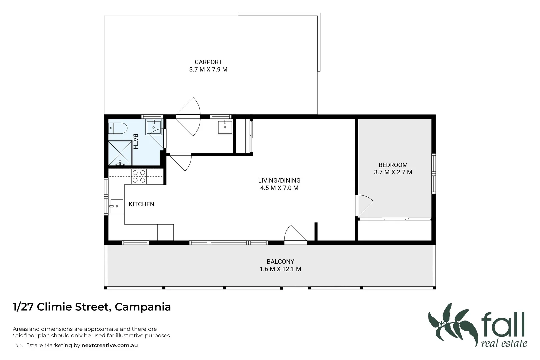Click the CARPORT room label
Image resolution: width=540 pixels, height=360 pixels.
208,62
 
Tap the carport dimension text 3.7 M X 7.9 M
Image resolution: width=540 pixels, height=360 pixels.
208,70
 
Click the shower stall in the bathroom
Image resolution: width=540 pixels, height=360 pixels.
120,153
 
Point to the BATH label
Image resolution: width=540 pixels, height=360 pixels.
135,141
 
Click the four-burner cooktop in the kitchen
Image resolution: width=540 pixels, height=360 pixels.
139,177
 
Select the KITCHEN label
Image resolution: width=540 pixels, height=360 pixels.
141,204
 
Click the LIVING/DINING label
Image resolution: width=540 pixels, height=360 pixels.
279,181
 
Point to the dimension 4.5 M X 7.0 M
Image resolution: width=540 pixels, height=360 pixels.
279,188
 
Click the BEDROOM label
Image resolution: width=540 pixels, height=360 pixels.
393,165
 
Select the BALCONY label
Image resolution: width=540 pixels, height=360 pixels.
280,262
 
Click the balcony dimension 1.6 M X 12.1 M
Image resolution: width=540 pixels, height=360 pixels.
280,269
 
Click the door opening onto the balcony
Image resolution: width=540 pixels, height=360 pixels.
295,234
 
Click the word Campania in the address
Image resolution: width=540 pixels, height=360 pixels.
143,307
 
